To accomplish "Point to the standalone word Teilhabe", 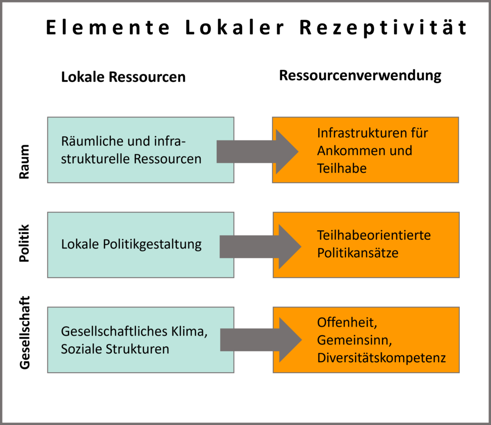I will [341, 168].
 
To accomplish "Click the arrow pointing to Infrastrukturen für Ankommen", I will [257, 152].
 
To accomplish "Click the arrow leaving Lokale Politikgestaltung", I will [259, 247].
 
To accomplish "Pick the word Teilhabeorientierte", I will [374, 235].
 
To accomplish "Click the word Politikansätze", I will [357, 253].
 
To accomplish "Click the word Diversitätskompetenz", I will [381, 358].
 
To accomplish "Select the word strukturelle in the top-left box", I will [95, 159].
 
